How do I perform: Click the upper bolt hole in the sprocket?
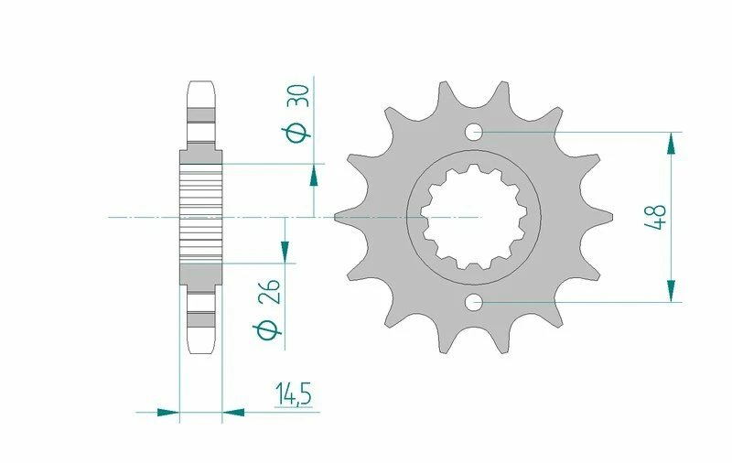[474, 133]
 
